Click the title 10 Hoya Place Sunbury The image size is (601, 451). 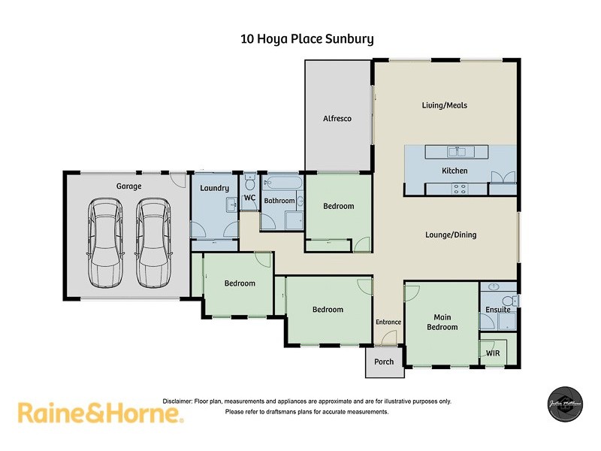pos(307,38)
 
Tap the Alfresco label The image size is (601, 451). pos(337,119)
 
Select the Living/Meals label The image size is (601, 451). pos(445,105)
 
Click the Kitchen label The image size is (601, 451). pos(455,171)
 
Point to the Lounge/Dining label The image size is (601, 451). pos(451,235)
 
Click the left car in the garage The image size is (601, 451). pos(104,242)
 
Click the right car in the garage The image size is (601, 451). pos(153,242)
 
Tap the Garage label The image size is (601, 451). pos(128,186)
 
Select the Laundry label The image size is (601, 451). pos(214,188)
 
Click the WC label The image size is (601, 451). pos(250,198)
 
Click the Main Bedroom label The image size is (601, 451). pos(442,322)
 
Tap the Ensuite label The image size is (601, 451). pos(497,309)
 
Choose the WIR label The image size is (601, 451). pos(493,352)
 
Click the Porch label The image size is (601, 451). pos(384,362)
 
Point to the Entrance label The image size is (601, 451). pos(388,322)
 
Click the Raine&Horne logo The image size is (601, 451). pos(100,413)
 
